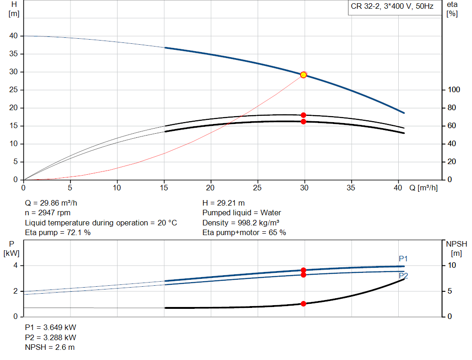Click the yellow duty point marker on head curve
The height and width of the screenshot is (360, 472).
tap(303, 75)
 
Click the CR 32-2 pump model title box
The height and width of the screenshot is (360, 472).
tap(392, 7)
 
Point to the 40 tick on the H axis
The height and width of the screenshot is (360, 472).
tap(13, 36)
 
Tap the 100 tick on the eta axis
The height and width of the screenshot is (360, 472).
tap(454, 89)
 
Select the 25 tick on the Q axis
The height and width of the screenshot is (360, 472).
tap(258, 188)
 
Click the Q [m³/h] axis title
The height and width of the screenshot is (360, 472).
tap(423, 188)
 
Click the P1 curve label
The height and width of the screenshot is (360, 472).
tap(403, 259)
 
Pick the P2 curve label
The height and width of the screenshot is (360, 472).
tap(403, 276)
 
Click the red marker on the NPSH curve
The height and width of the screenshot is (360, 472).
tap(303, 304)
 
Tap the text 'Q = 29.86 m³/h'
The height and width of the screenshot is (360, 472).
tap(54, 203)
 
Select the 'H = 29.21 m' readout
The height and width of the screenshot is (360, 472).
tap(224, 203)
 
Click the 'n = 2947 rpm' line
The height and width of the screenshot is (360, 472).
tap(47, 213)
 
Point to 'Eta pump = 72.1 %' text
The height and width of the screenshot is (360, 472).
tap(58, 233)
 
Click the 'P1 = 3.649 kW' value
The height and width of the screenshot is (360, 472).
tap(50, 328)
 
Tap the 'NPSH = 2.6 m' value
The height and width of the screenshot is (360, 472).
tap(49, 348)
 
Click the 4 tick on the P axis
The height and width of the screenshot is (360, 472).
tap(15, 266)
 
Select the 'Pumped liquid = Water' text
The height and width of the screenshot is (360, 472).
tap(242, 213)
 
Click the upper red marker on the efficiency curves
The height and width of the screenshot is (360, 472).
tap(303, 115)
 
